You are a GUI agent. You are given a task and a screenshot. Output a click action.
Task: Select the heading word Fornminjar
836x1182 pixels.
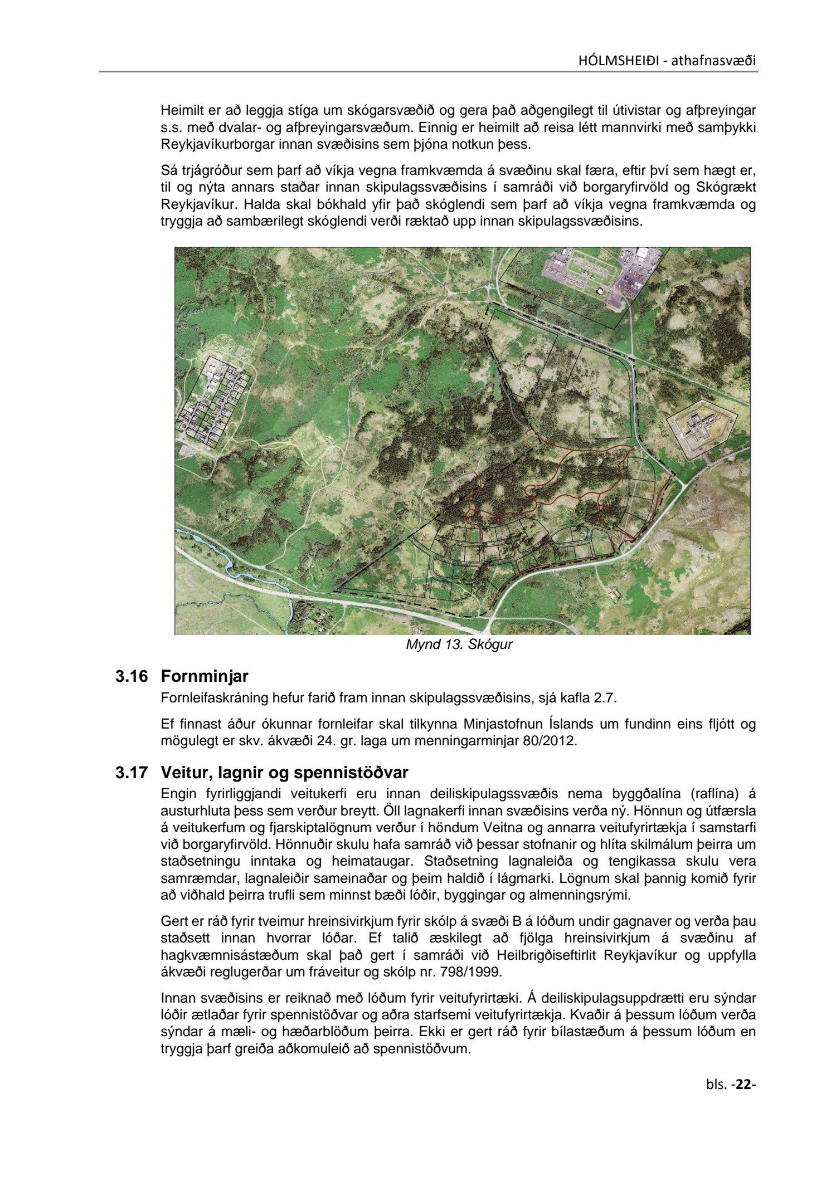pyautogui.click(x=204, y=677)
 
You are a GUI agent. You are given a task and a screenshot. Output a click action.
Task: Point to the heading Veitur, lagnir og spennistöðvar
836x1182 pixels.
pyautogui.click(x=284, y=773)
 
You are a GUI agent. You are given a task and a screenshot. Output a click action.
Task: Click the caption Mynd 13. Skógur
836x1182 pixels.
pyautogui.click(x=459, y=645)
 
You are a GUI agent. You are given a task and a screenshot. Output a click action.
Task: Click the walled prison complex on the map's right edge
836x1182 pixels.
pyautogui.click(x=701, y=427)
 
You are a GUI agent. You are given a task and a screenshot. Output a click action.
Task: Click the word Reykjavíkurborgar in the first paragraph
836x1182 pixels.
pyautogui.click(x=208, y=146)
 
